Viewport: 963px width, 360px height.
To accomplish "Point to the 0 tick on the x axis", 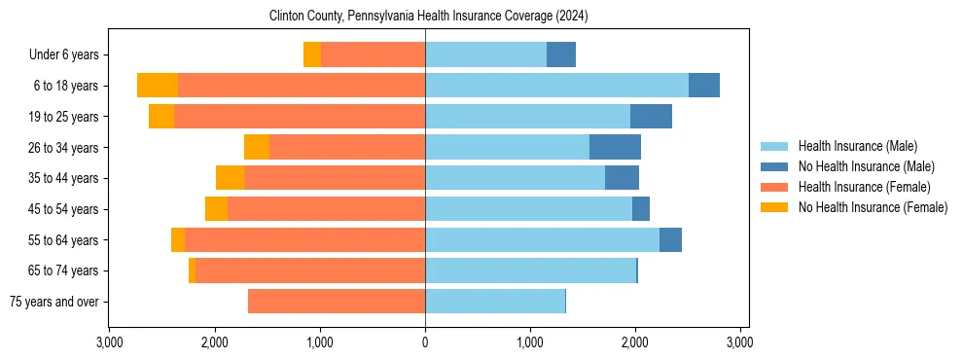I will tap(425, 343).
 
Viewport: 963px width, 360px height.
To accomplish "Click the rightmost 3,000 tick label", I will tap(739, 343).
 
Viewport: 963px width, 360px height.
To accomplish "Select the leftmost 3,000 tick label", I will tap(110, 343).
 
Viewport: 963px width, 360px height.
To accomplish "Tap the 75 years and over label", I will tap(53, 302).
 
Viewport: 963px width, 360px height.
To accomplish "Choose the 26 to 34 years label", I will tap(62, 148).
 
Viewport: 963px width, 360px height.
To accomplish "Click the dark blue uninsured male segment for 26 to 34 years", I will tap(615, 147).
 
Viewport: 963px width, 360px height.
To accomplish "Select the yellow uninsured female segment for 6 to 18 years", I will tap(158, 86).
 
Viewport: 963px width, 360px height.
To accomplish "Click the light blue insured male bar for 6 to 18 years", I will tap(556, 86).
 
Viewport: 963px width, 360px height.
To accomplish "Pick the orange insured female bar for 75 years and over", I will tap(337, 302).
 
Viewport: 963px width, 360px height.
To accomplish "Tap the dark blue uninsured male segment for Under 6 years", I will tap(561, 54).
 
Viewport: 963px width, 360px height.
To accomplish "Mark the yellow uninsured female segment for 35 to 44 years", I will tap(230, 178).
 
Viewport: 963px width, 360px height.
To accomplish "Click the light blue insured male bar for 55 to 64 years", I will tap(542, 239).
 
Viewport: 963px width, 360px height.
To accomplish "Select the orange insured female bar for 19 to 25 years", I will tap(300, 117).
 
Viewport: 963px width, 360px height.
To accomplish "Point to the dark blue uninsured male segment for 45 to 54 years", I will tap(641, 209).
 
